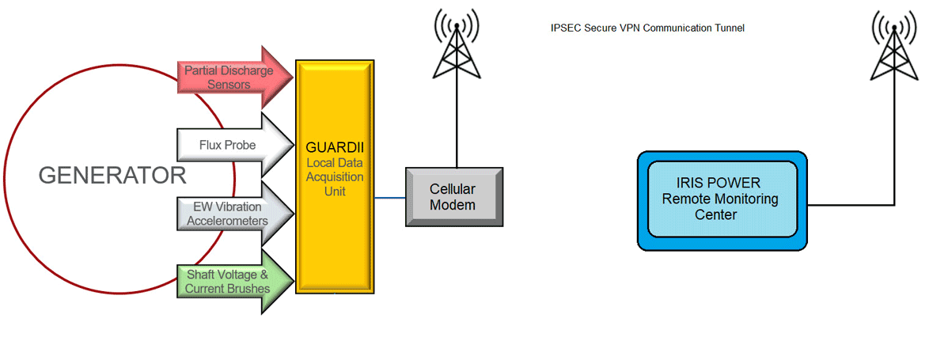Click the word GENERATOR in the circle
[x=112, y=176]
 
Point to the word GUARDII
[x=333, y=146]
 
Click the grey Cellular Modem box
[x=453, y=197]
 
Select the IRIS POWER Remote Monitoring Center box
[x=722, y=199]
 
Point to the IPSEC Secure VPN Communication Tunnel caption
[x=647, y=28]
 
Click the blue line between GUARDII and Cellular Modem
[x=390, y=198]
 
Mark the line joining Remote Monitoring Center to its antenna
[x=851, y=205]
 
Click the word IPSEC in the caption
[x=565, y=28]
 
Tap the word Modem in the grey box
[x=453, y=206]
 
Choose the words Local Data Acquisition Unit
[x=334, y=176]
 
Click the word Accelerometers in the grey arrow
[x=227, y=221]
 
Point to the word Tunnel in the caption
[x=730, y=28]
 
